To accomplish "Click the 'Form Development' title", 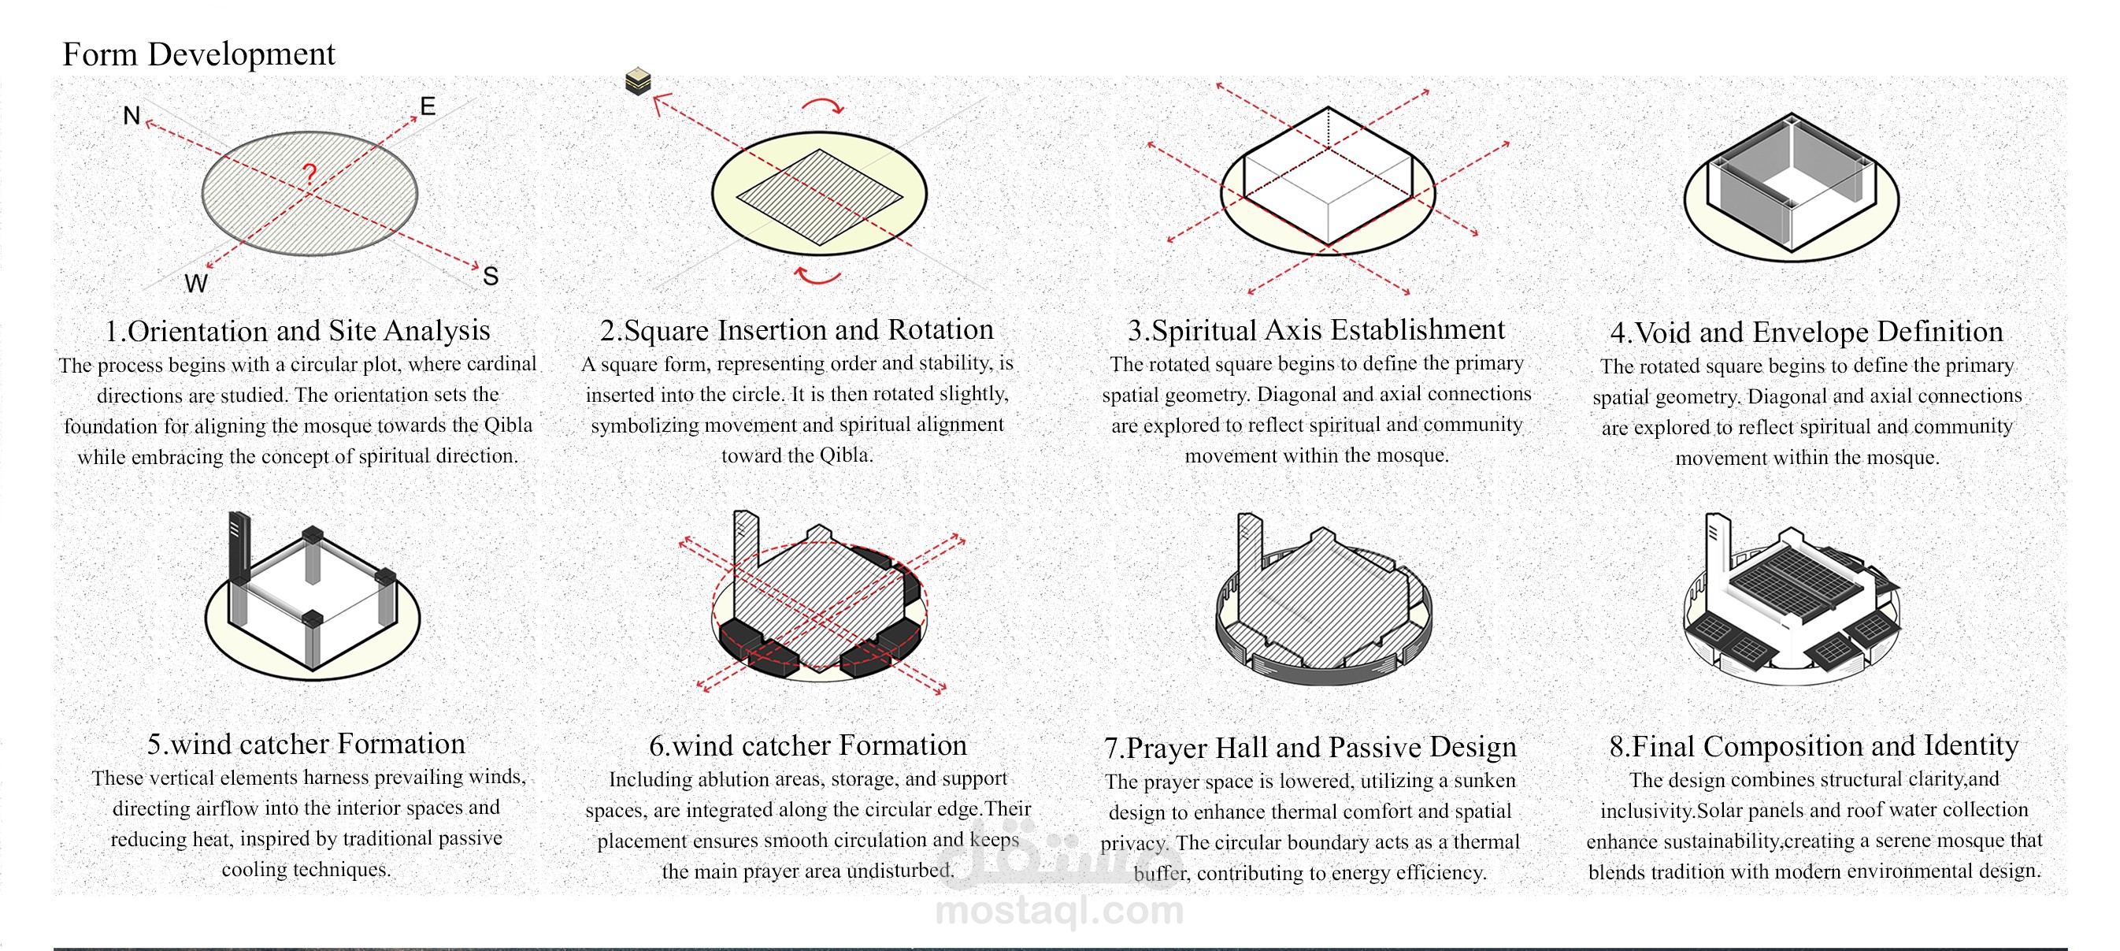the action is pos(198,54).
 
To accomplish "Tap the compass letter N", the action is pos(131,115).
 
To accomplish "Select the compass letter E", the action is pos(427,106).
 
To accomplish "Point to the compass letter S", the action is pos(491,276).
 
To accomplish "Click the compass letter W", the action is pos(196,283).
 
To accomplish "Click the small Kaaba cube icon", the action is pos(638,81).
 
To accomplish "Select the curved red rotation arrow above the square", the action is pos(823,105).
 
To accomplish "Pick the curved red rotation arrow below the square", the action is pos(818,276).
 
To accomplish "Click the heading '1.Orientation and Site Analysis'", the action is pos(297,330).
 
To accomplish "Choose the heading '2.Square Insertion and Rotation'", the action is pos(797,329).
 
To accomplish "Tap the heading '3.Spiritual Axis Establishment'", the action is pos(1316,329).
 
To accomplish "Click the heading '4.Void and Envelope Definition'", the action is pos(1807,332).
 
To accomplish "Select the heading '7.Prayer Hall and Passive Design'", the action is pos(1310,747).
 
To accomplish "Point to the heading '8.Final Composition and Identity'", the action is pos(1814,745).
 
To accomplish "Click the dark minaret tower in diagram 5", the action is pos(239,548).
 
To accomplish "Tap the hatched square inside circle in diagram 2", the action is pos(820,197).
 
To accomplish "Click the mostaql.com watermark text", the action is pos(1060,911).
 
